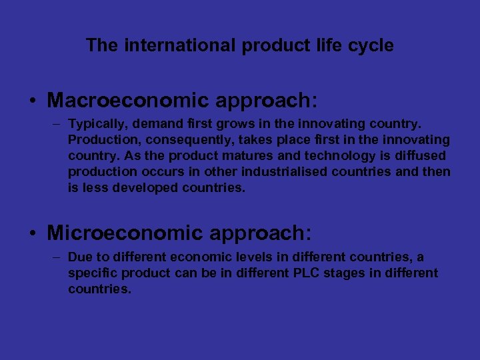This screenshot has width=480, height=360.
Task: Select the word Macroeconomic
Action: [127, 101]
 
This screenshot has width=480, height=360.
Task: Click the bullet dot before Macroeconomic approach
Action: [33, 102]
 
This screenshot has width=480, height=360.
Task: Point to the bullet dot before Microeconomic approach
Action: [33, 234]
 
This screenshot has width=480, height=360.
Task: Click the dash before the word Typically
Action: [58, 124]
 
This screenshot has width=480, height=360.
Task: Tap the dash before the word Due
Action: [58, 257]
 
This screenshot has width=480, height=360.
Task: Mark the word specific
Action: [91, 273]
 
